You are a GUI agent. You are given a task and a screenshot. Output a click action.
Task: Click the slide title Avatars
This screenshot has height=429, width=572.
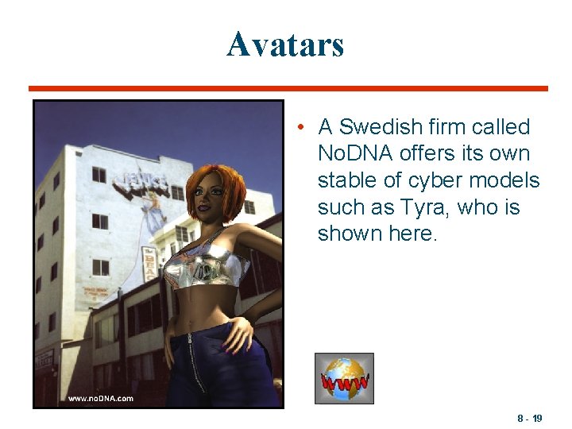(285, 44)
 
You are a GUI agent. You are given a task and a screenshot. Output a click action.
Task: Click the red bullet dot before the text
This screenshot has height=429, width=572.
(296, 127)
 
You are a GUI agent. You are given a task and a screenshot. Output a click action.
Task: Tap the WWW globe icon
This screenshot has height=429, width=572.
(344, 378)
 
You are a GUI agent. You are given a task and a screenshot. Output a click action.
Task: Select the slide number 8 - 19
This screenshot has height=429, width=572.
(530, 418)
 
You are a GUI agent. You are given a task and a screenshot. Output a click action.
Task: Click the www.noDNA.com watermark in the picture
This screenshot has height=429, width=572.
(100, 398)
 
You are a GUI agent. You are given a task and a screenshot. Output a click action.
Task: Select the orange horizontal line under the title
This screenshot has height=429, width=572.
(288, 88)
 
